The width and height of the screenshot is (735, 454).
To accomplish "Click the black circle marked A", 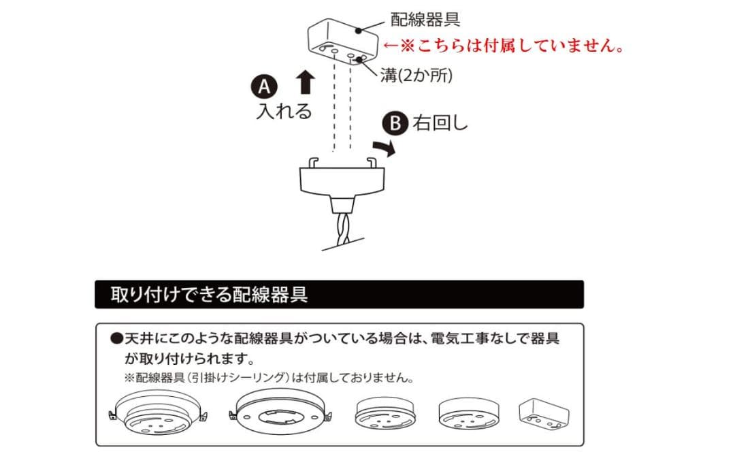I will pyautogui.click(x=264, y=86).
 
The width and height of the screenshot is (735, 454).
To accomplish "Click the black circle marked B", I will pyautogui.click(x=395, y=124).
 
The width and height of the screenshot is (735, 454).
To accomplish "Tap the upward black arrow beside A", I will pyautogui.click(x=306, y=82).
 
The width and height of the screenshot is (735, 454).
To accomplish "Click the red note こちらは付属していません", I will pyautogui.click(x=503, y=45).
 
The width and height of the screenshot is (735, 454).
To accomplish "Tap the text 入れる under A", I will pyautogui.click(x=284, y=111).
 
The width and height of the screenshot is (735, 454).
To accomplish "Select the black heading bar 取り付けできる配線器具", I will pyautogui.click(x=338, y=294).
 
